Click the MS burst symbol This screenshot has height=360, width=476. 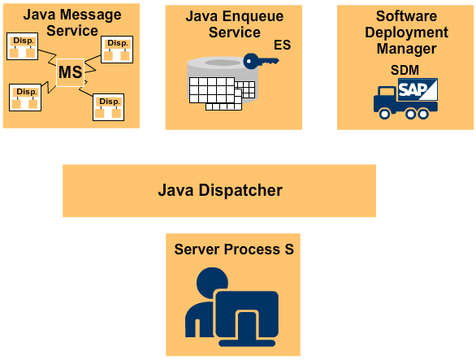[70, 72]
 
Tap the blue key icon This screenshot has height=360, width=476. [260, 61]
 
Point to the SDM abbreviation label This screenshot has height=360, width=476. [405, 70]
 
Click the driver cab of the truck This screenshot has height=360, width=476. [384, 100]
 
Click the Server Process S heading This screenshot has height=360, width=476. [233, 249]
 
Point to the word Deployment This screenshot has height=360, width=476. [405, 33]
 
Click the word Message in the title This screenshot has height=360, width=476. [96, 14]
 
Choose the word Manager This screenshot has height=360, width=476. [405, 49]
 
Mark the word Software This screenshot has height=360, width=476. [405, 16]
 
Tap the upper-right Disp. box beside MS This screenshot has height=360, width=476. [117, 49]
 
